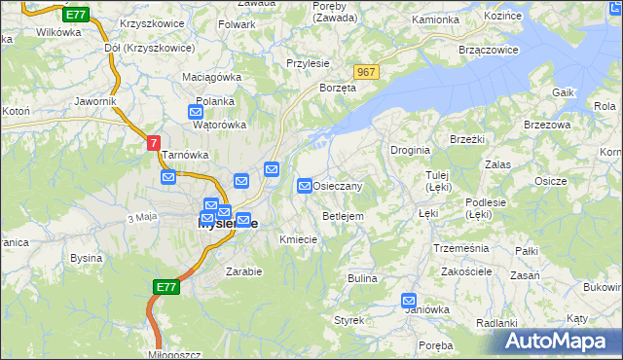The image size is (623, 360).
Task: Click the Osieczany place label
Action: (x=338, y=186)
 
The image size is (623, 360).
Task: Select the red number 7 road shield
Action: (x=154, y=143)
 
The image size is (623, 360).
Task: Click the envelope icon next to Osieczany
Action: (x=305, y=185)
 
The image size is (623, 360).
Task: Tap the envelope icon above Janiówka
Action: (x=409, y=302)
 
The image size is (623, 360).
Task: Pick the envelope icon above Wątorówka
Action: (x=196, y=112)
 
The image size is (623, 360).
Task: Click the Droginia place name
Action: (x=410, y=149)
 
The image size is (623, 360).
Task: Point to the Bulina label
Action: (x=362, y=278)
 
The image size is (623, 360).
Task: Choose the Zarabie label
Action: (x=243, y=271)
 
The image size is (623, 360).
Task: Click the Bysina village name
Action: (x=87, y=258)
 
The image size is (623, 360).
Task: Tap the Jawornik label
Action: (x=95, y=100)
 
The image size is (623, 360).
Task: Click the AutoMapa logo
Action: (x=556, y=342)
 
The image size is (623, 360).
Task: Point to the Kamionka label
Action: (x=435, y=19)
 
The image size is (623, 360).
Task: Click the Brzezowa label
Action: (x=546, y=126)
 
